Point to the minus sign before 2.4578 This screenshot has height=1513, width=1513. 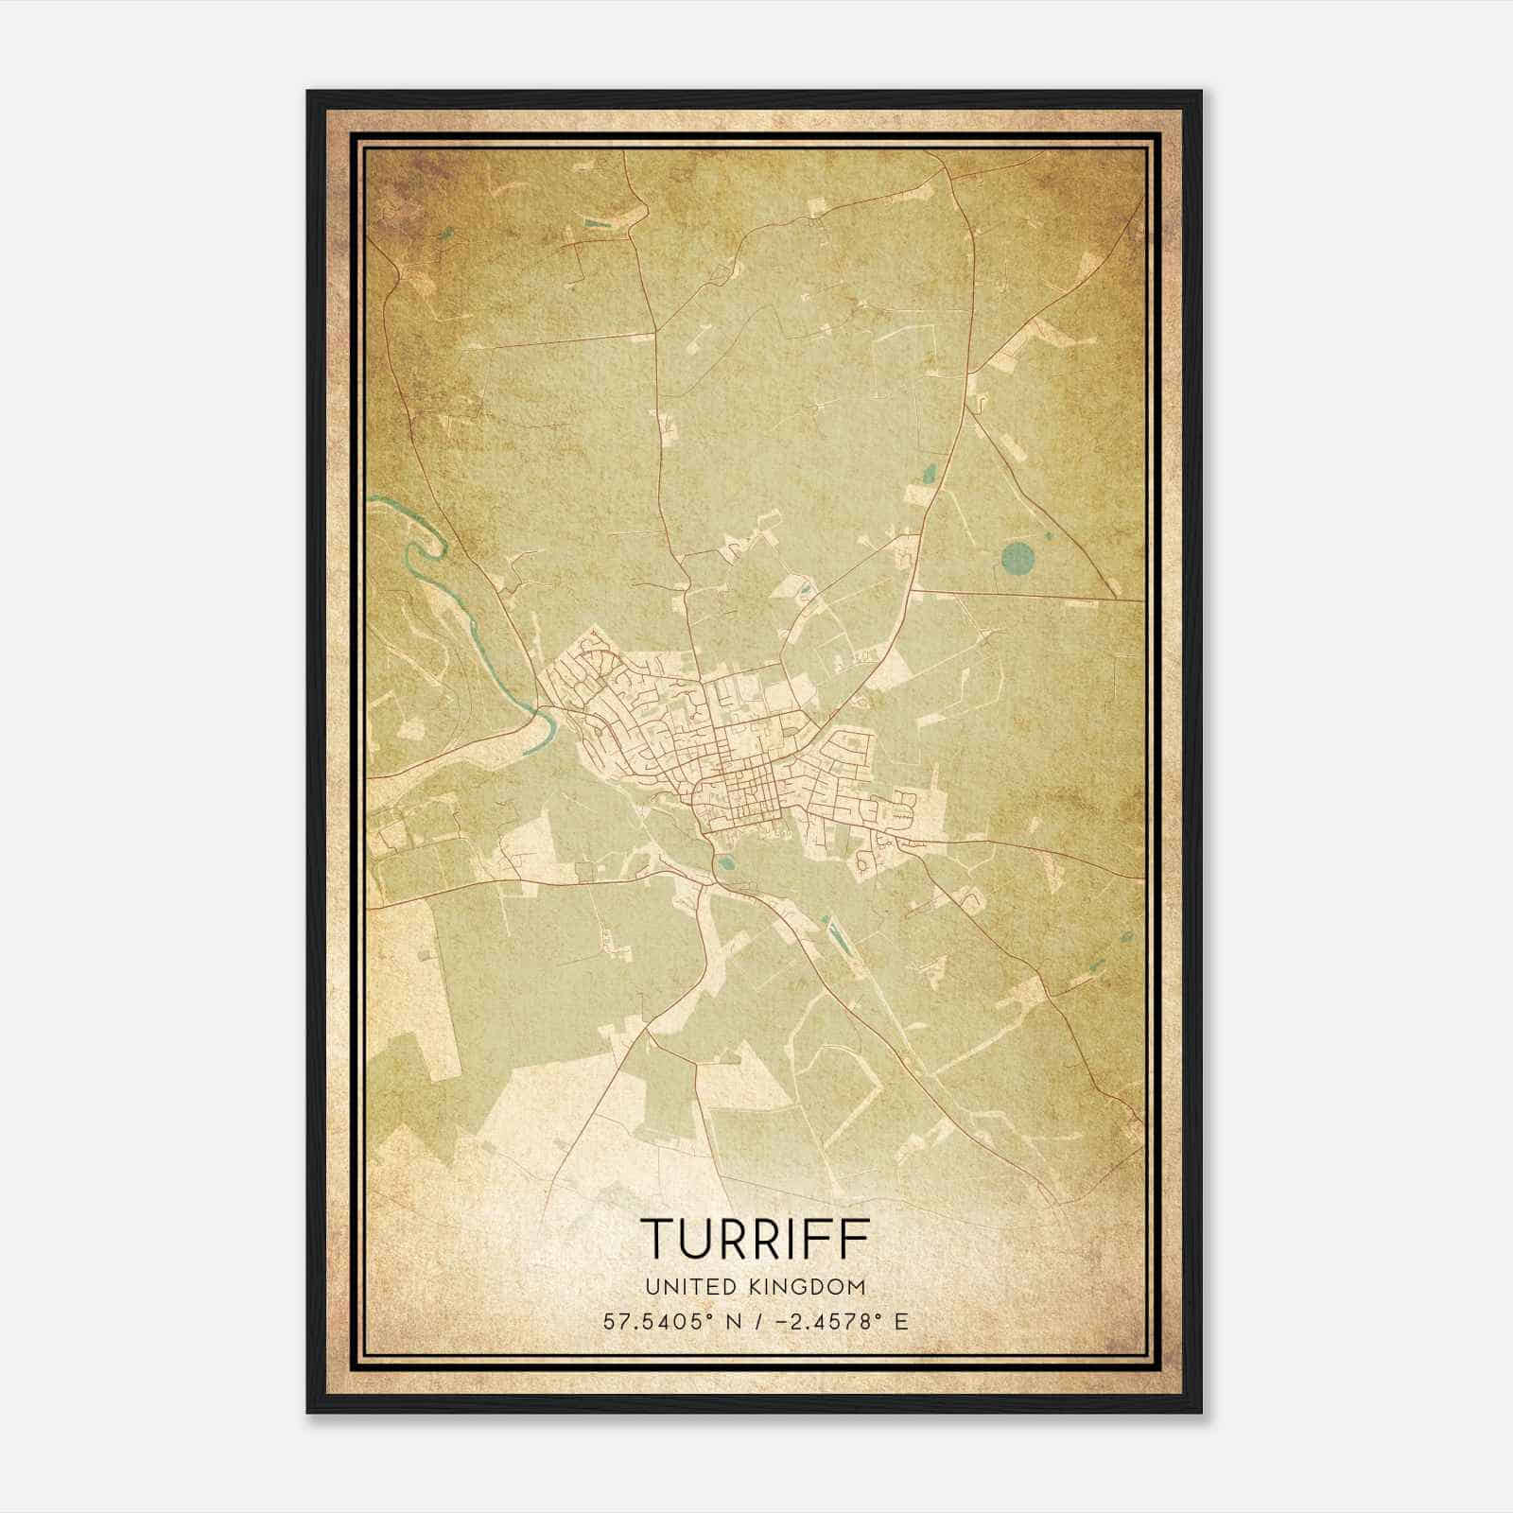[783, 1322]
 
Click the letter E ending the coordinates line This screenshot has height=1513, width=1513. [901, 1322]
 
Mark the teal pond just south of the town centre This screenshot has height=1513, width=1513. [725, 862]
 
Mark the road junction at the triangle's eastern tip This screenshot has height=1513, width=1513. [1115, 599]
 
